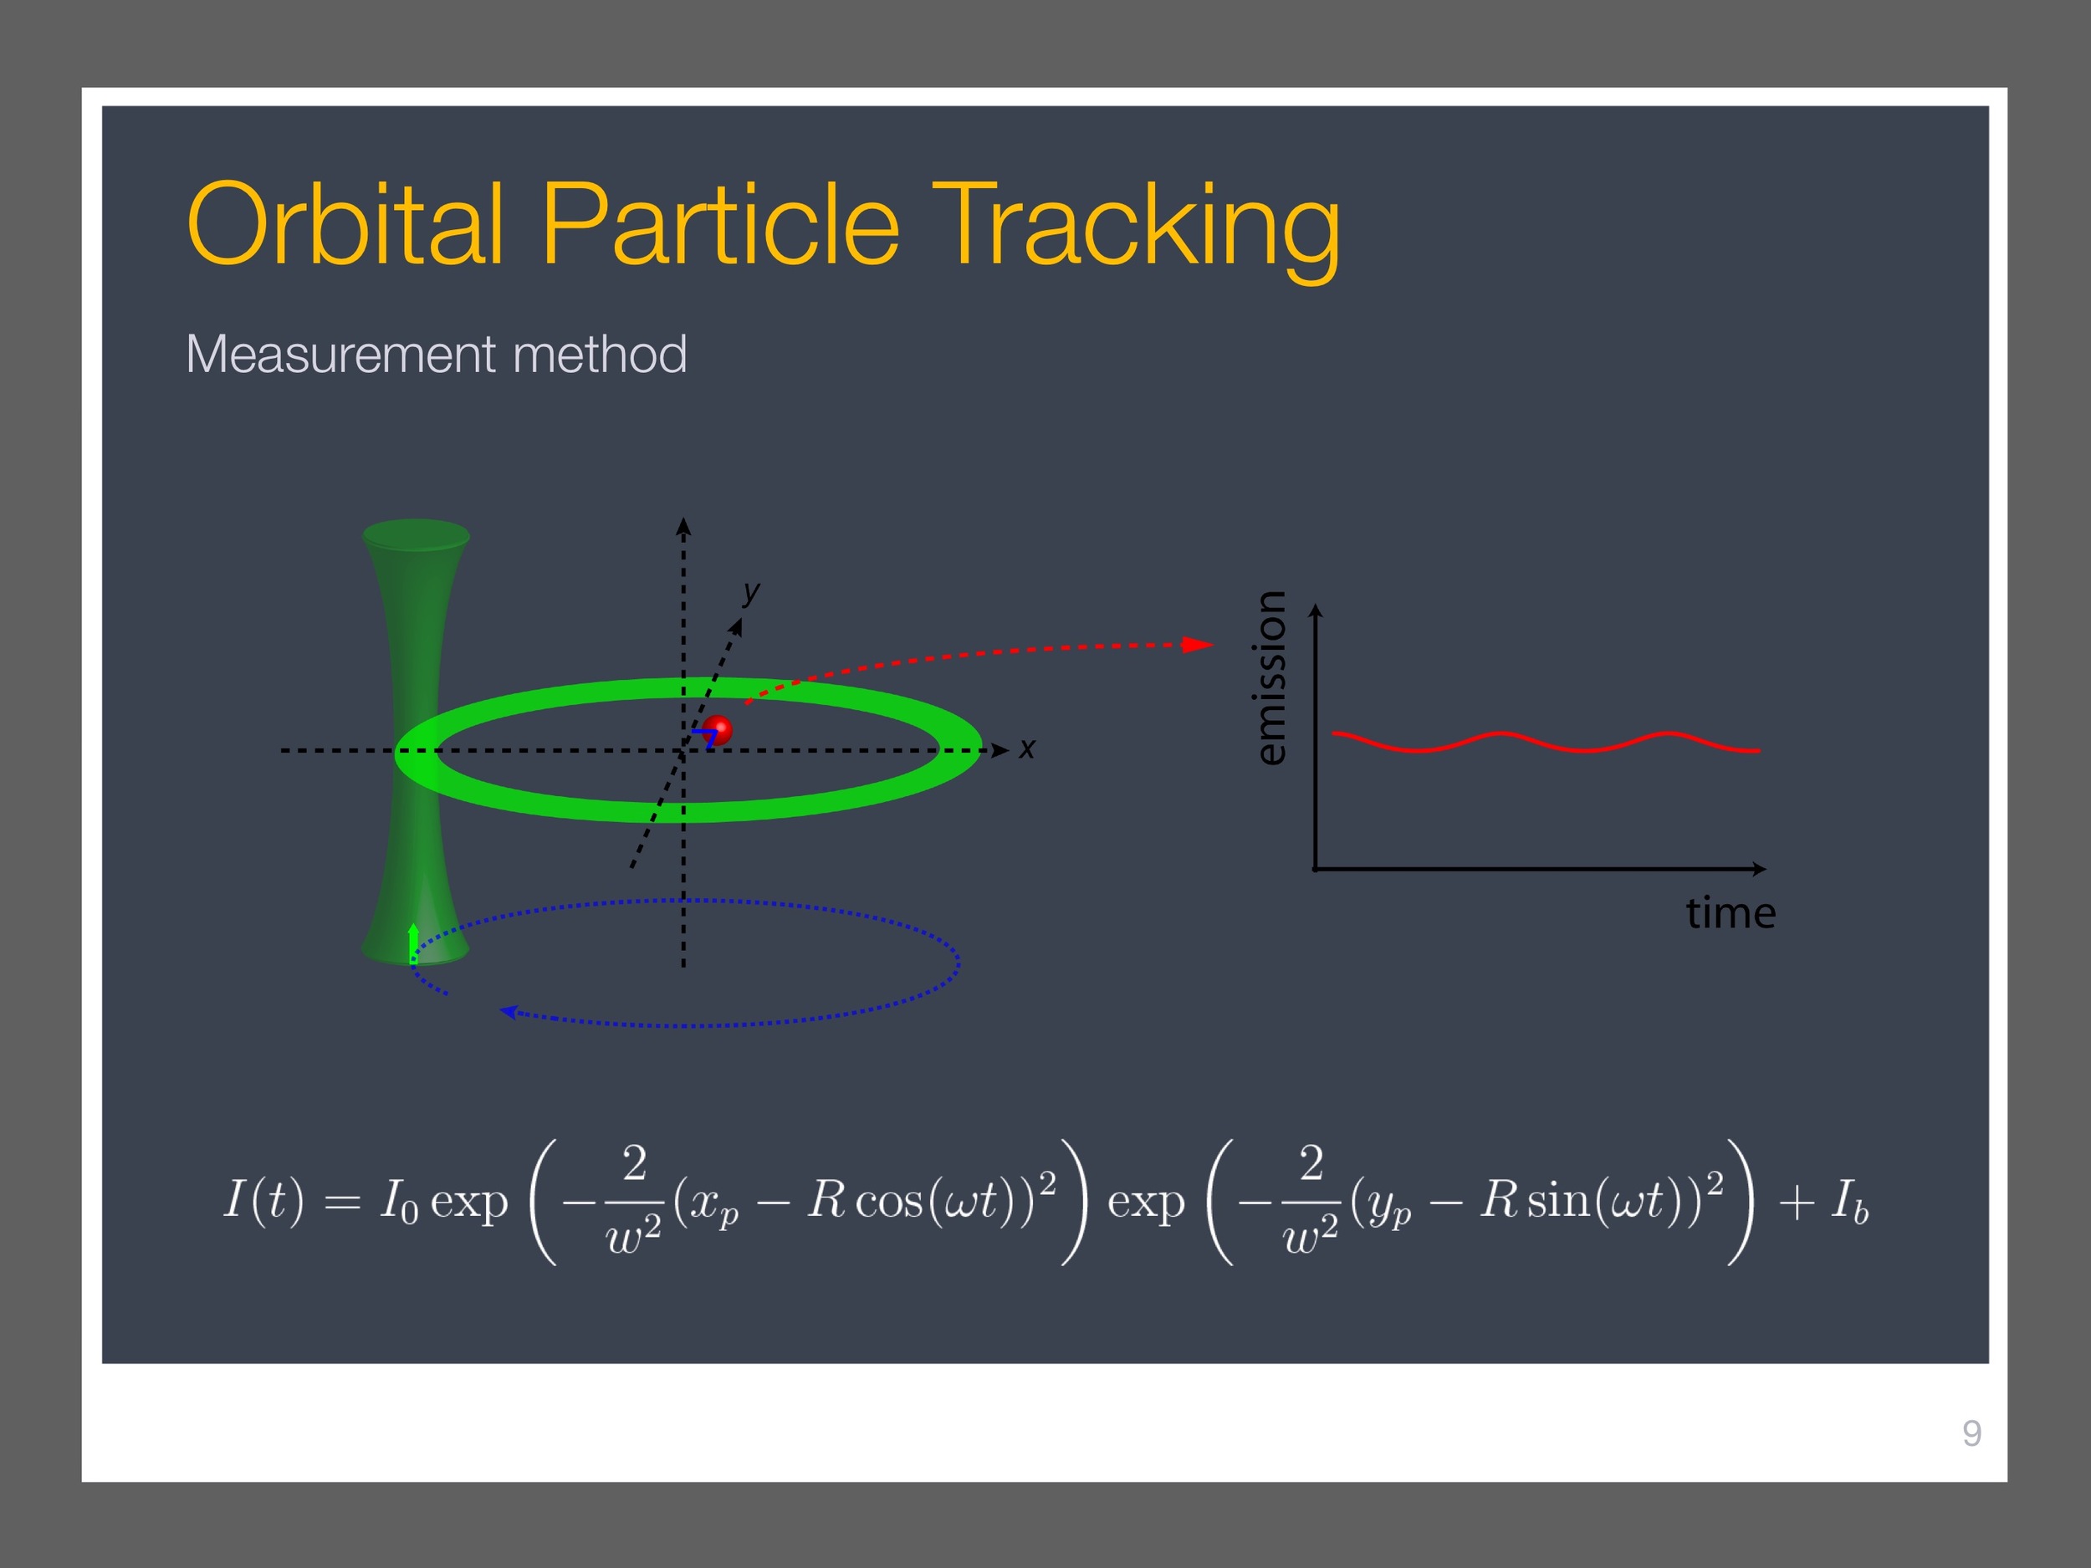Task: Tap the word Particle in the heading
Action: (x=719, y=225)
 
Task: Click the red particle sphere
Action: (x=718, y=730)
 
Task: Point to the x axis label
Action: (x=1026, y=749)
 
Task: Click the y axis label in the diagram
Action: (x=752, y=593)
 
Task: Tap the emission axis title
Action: (x=1270, y=677)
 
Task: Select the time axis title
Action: (x=1731, y=913)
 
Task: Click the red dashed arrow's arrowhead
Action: (x=1199, y=645)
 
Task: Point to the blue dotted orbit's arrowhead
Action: (x=509, y=1011)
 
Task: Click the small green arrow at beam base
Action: (x=413, y=943)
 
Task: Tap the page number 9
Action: (x=1972, y=1434)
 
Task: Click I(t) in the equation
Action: (x=263, y=1199)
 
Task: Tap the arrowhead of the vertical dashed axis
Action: (x=683, y=527)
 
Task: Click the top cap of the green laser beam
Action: (x=416, y=534)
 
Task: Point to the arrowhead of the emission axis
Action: (x=1316, y=610)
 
